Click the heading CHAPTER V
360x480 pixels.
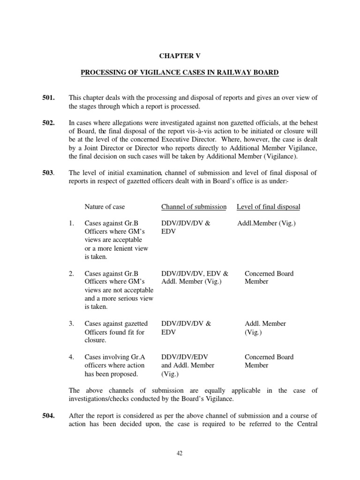pos(180,55)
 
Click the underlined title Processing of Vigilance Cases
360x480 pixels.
pos(180,73)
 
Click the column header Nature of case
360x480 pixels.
pos(105,207)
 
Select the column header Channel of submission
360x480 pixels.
pos(194,207)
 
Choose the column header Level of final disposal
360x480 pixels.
pos(269,207)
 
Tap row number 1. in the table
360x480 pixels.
pos(71,224)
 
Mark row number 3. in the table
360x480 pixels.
pos(71,323)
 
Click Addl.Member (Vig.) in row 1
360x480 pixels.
pos(266,224)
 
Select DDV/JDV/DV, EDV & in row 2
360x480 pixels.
pos(195,273)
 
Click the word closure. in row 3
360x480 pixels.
pos(95,340)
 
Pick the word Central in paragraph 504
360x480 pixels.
pos(306,424)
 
